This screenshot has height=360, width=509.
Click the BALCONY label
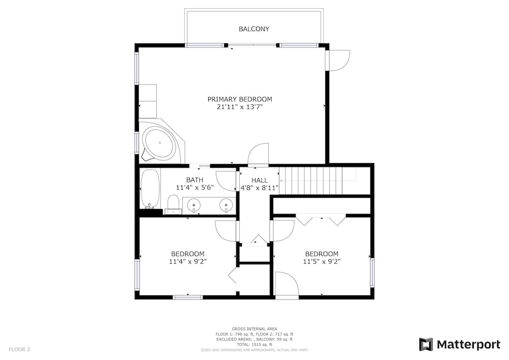coord(254,29)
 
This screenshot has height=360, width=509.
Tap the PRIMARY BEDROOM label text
coord(240,99)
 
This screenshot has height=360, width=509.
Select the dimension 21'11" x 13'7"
coord(240,107)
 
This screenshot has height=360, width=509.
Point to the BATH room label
coord(195,180)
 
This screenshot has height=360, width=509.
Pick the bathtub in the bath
coord(150,188)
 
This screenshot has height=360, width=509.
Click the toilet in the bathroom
coord(173,204)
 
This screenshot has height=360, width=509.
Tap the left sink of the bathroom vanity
coord(194,205)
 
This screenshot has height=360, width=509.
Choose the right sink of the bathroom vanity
coord(226,205)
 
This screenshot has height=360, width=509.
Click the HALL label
coord(260,180)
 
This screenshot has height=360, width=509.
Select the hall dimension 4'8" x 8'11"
coord(260,187)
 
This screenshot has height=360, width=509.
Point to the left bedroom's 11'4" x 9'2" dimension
coord(188,261)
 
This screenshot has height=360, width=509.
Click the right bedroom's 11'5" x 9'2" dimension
coord(322,261)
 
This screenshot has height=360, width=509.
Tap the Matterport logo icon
coord(426,344)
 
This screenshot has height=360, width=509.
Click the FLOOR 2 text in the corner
coord(19,350)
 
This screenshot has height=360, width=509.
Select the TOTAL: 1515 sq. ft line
coord(254,345)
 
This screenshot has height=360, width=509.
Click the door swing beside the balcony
coord(339,61)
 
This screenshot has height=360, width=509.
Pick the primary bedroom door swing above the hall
coord(259,154)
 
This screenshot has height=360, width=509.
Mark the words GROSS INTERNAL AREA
coord(254,329)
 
